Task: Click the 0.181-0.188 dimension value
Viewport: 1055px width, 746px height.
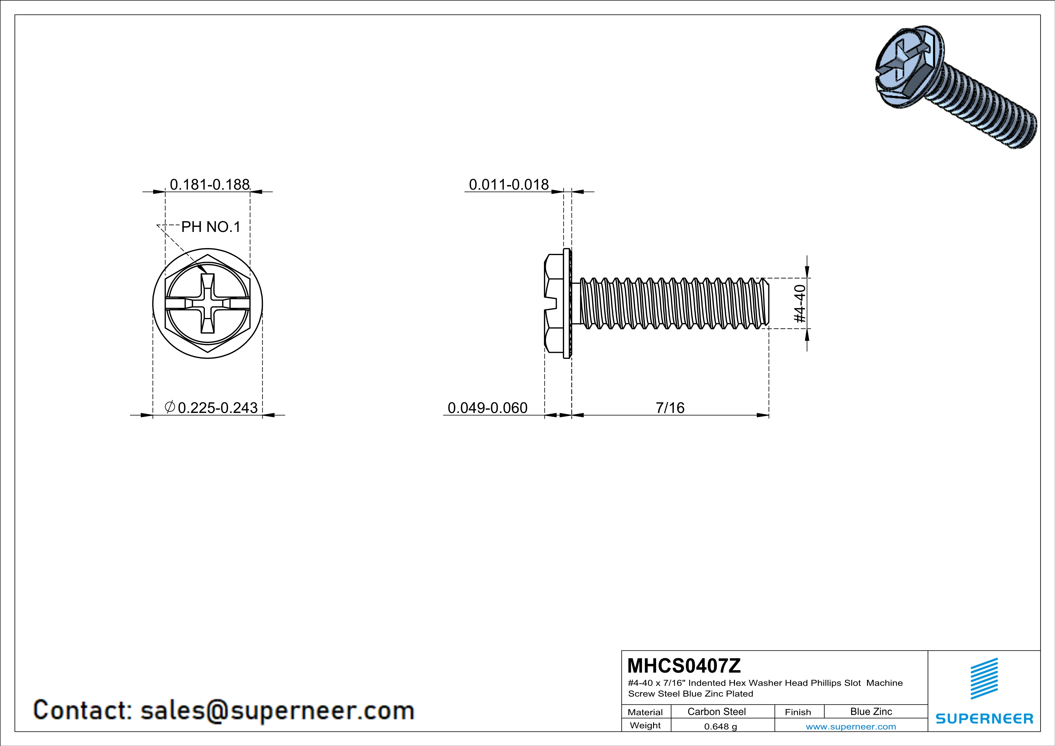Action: (210, 185)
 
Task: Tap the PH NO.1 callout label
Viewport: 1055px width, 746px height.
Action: (211, 227)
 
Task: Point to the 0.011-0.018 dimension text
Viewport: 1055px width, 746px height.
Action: (509, 185)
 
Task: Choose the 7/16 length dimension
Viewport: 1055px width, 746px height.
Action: (670, 408)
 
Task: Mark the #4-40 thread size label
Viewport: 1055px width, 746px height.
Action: (800, 304)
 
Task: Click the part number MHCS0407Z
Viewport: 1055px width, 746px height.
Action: (684, 666)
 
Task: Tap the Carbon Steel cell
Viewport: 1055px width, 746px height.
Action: (716, 711)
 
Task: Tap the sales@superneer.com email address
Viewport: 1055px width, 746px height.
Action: (277, 710)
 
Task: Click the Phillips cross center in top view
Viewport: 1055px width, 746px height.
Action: (208, 304)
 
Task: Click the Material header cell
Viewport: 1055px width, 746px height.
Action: (645, 712)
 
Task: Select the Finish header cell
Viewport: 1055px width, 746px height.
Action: (798, 712)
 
